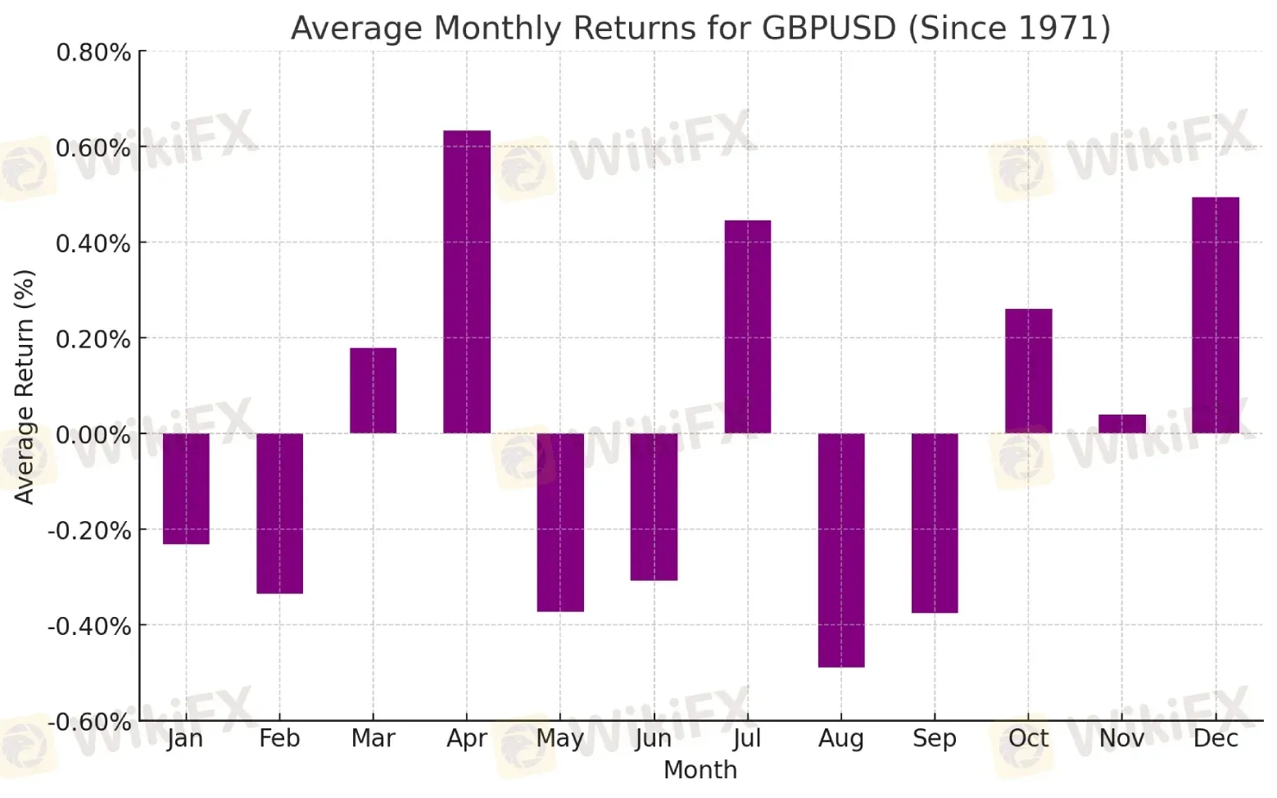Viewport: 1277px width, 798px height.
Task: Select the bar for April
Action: (x=467, y=282)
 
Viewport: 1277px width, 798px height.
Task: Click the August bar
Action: (x=841, y=551)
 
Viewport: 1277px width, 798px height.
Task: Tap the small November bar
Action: (x=1122, y=424)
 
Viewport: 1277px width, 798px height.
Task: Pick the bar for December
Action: (x=1216, y=315)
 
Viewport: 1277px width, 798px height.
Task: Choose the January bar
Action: (x=187, y=489)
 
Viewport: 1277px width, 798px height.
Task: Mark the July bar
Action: (x=748, y=327)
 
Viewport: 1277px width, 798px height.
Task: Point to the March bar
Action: (x=374, y=391)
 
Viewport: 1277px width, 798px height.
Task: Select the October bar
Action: (x=1029, y=371)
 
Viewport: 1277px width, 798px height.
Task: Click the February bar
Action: (x=280, y=514)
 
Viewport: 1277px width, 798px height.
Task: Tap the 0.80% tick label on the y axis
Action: (x=93, y=52)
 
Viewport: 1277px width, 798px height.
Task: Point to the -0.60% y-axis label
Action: (x=89, y=722)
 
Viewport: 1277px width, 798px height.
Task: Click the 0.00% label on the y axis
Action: (x=93, y=435)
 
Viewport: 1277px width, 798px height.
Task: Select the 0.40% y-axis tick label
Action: (x=93, y=243)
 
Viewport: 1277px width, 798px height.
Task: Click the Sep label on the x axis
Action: (x=935, y=739)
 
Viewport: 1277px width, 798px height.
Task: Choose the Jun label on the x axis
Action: (x=654, y=739)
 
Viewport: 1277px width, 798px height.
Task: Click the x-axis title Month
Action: (x=700, y=770)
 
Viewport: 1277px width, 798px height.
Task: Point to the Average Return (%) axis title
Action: (x=24, y=388)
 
